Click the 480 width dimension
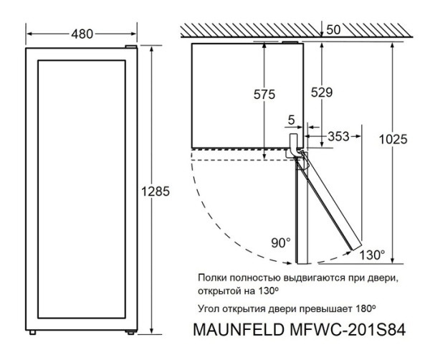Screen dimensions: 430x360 click(x=82, y=34)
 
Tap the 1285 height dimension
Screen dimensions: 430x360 click(x=156, y=191)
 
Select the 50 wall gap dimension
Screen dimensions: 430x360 click(x=333, y=30)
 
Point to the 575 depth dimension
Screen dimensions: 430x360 click(x=264, y=95)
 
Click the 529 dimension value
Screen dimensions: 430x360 click(x=321, y=93)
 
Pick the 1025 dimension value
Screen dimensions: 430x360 click(x=393, y=139)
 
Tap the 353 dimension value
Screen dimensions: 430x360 click(x=338, y=136)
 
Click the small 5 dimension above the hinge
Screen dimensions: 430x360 click(x=291, y=120)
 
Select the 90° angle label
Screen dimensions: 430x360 click(x=280, y=243)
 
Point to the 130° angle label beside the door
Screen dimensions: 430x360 click(x=372, y=255)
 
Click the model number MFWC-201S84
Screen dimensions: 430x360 click(x=348, y=330)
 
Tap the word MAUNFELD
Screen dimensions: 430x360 click(x=239, y=330)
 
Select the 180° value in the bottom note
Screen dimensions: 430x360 click(x=365, y=308)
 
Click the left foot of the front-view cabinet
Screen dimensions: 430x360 click(x=33, y=332)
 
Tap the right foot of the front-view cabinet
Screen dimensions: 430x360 click(x=130, y=332)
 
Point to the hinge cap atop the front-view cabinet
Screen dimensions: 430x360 click(x=130, y=47)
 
